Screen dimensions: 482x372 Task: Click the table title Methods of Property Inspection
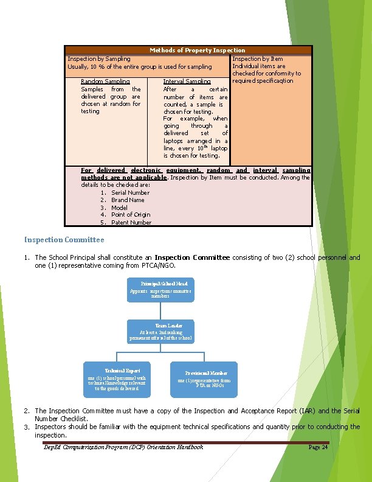coord(198,50)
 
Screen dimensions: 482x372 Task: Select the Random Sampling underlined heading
coord(105,82)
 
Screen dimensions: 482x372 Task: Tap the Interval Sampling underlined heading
coord(187,82)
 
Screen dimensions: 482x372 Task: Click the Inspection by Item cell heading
coord(258,59)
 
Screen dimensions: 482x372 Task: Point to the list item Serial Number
coord(130,193)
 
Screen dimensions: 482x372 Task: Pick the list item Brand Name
coord(128,200)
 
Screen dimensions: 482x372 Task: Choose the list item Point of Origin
coord(131,215)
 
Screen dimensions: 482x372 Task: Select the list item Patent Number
coord(131,223)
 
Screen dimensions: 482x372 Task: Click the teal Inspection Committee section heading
coord(64,240)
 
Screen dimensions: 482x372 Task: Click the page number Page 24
coord(318,447)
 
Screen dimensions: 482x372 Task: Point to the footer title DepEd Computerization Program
coord(123,447)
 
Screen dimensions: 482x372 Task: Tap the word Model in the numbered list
coord(119,208)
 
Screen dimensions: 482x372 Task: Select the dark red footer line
coord(185,442)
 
